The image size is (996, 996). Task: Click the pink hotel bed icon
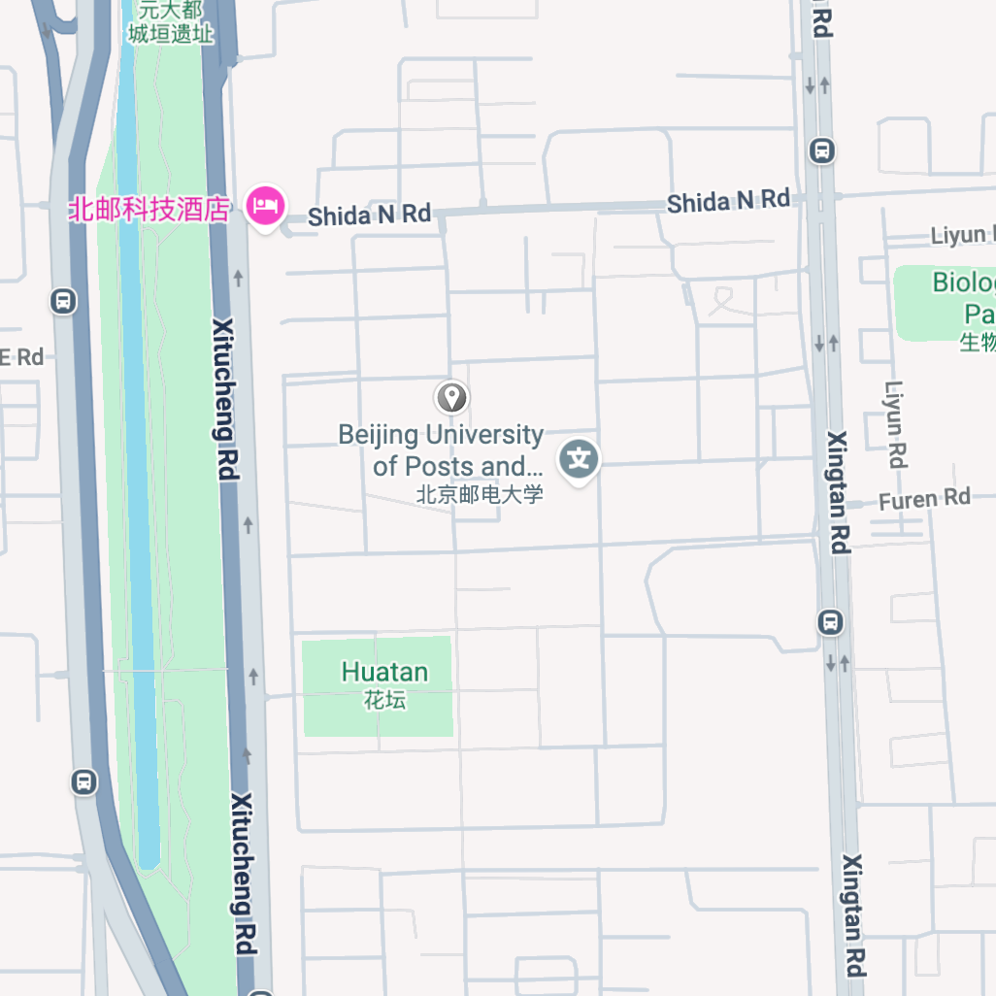tap(265, 205)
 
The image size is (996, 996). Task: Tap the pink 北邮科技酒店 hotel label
tap(149, 209)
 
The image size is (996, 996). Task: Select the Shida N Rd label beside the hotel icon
tap(369, 215)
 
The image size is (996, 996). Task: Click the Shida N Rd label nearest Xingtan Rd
tap(728, 201)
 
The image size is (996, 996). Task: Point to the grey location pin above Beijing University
tap(450, 397)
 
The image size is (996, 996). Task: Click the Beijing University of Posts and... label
tap(441, 450)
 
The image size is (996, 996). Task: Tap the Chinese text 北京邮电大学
tap(480, 494)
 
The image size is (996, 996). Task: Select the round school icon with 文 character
tap(580, 457)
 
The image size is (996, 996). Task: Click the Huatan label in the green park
tap(384, 672)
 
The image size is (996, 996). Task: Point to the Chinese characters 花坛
tap(384, 699)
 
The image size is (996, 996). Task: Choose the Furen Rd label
tap(924, 500)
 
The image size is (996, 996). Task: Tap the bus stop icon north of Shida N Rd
tap(822, 150)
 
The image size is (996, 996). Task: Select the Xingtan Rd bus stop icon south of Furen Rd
tap(831, 622)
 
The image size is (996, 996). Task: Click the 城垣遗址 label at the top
tap(171, 32)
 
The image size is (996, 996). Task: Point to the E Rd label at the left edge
tap(21, 357)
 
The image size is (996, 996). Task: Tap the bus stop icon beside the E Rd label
tap(63, 301)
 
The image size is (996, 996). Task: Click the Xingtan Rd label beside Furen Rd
tap(838, 492)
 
